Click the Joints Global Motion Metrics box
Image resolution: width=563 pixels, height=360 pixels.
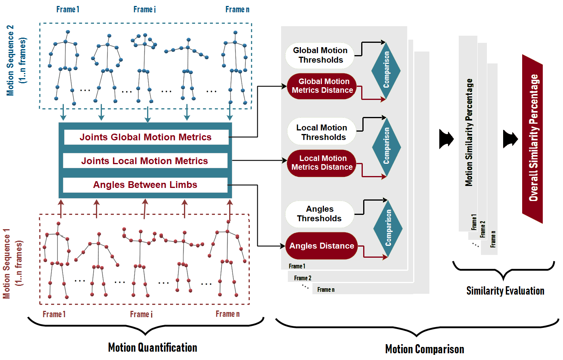[146, 137]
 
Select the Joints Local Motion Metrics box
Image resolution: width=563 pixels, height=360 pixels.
[145, 161]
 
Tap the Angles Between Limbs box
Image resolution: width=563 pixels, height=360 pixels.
[145, 185]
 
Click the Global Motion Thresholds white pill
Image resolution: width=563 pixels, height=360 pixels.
[320, 55]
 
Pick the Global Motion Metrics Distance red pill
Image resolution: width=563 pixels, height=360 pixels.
[322, 86]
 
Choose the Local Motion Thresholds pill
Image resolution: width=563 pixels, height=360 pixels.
[322, 132]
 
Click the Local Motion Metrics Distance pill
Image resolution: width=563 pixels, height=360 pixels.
[322, 163]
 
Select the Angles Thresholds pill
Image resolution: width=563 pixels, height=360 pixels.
[320, 214]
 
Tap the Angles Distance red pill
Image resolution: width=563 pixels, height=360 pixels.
[322, 246]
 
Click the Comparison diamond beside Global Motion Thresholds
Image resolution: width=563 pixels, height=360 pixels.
[386, 71]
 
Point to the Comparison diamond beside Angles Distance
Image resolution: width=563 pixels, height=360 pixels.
[388, 228]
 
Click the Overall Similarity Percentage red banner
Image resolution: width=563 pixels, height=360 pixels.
[532, 138]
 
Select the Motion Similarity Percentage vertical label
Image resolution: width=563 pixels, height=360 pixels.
[469, 132]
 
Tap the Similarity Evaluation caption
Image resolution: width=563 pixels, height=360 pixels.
[505, 291]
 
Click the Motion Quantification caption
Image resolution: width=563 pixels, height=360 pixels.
[153, 348]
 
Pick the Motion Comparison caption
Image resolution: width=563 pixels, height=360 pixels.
[425, 349]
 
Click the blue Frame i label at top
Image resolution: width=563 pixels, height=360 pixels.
[144, 10]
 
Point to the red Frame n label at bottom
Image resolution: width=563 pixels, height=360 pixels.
[228, 314]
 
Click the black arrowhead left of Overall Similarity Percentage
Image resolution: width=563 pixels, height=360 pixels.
[510, 139]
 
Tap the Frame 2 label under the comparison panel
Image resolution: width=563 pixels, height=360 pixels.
[303, 278]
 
